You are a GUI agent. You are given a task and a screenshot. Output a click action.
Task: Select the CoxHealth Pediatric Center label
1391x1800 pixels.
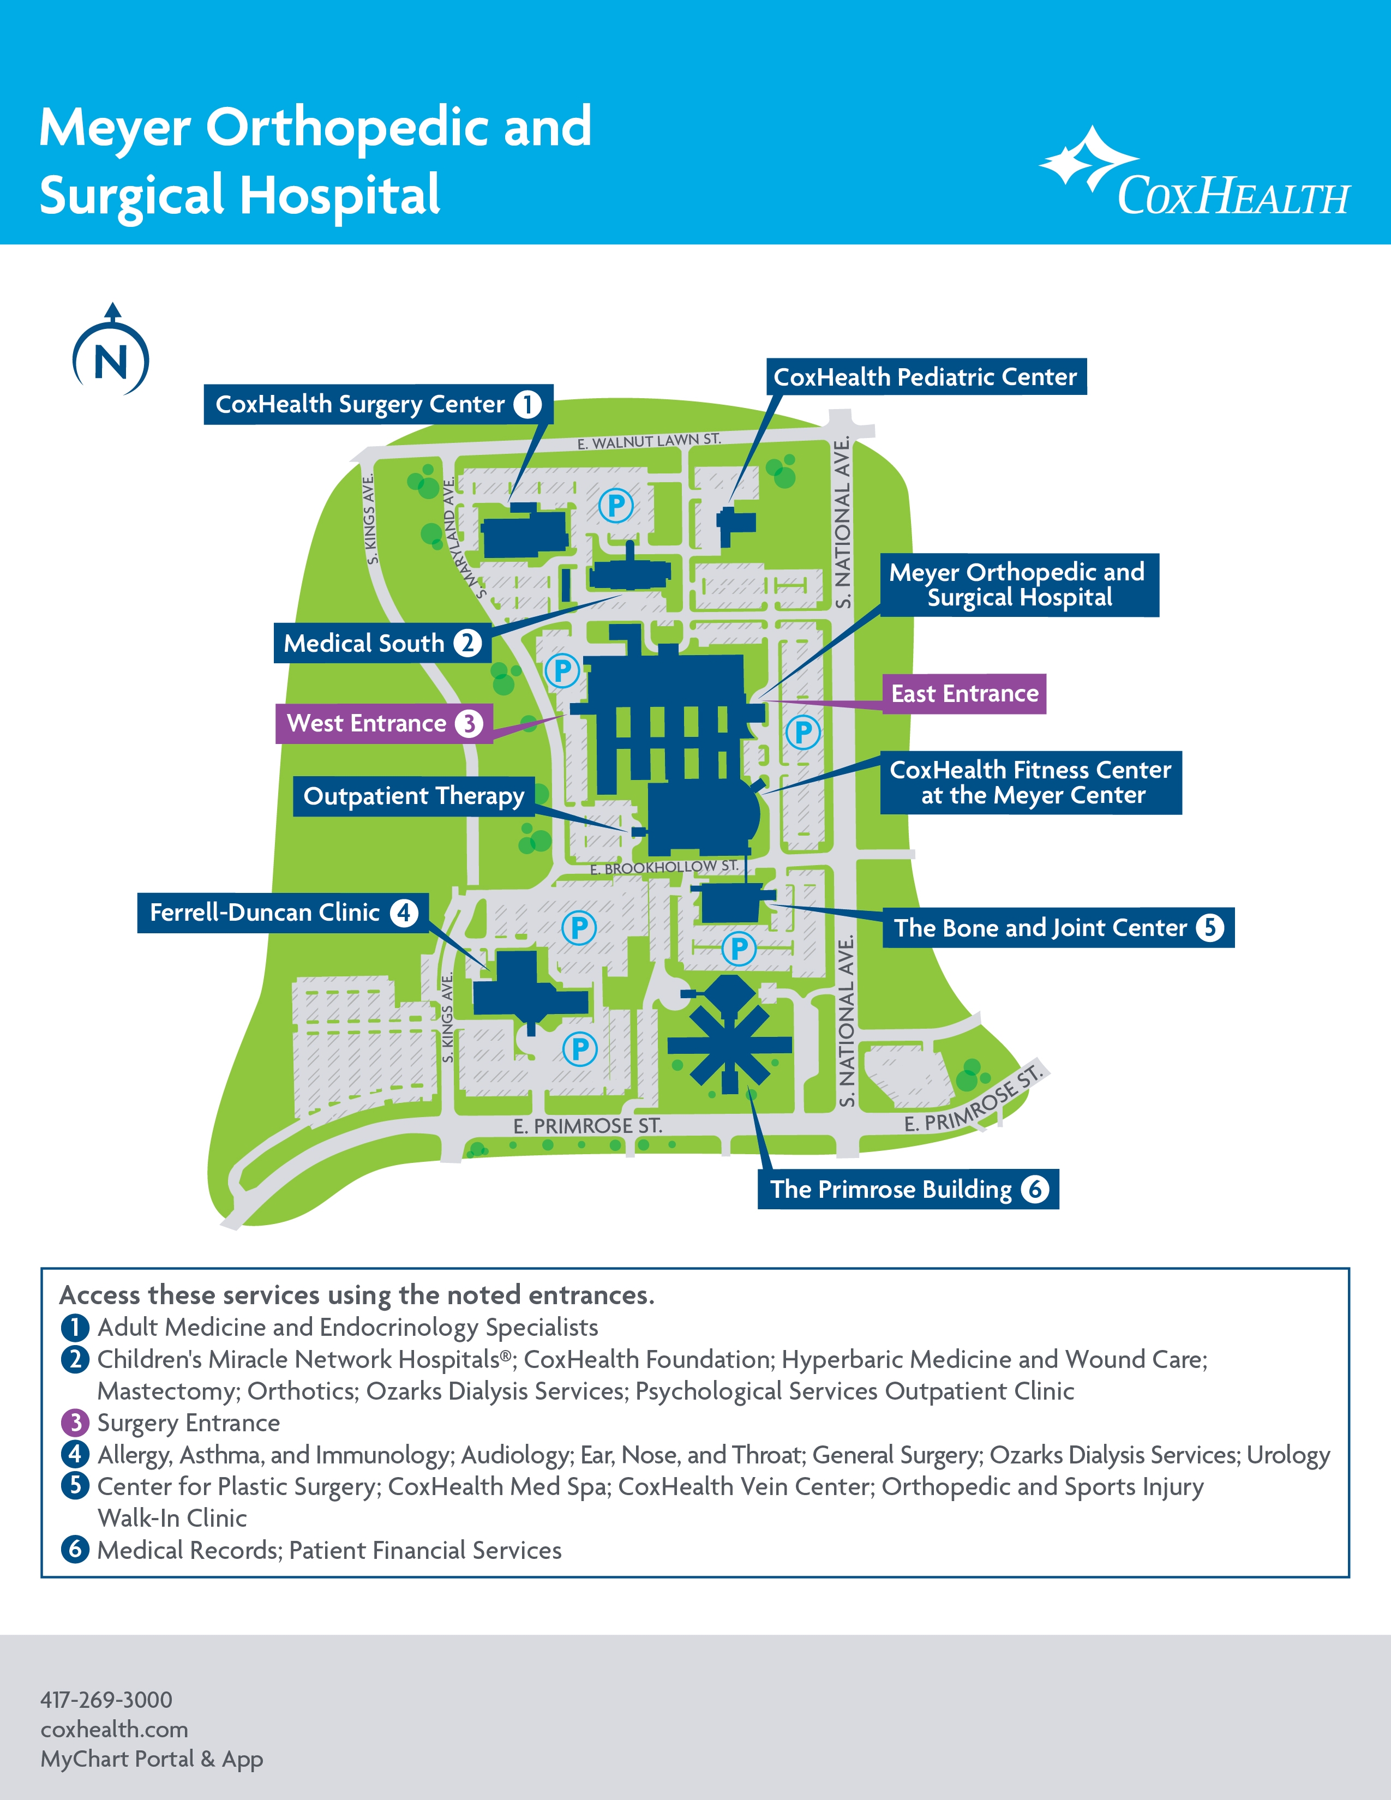click(925, 377)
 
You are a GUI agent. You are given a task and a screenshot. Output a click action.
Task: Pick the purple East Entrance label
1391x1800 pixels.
click(964, 693)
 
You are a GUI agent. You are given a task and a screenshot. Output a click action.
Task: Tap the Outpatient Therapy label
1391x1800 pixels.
click(413, 795)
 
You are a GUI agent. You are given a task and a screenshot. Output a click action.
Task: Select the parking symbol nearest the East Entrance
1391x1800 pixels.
click(802, 731)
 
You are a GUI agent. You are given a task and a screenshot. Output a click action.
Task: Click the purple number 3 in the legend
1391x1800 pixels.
click(75, 1423)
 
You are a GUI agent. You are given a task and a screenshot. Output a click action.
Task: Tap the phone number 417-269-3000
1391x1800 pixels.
click(106, 1700)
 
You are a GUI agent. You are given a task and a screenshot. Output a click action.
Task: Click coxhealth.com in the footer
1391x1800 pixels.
click(113, 1729)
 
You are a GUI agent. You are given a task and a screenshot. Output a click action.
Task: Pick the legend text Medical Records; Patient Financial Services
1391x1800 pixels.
click(329, 1550)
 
